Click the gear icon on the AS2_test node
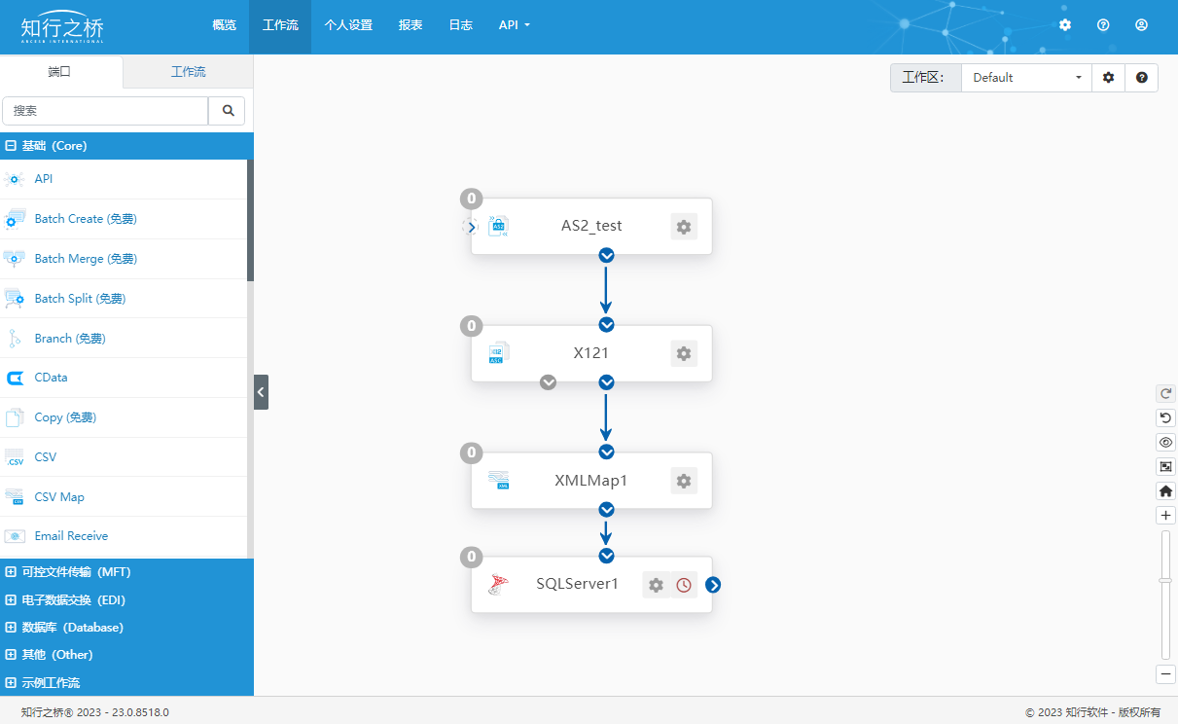pyautogui.click(x=684, y=227)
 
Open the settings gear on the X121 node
pyautogui.click(x=684, y=353)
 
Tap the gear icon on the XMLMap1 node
pyautogui.click(x=684, y=481)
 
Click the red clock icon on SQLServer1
pyautogui.click(x=684, y=585)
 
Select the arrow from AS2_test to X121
pyautogui.click(x=606, y=290)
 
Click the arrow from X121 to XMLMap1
pyautogui.click(x=606, y=417)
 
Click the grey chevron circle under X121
pyautogui.click(x=548, y=382)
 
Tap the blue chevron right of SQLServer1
pyautogui.click(x=713, y=585)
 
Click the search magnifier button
pyautogui.click(x=228, y=111)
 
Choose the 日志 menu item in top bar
pyautogui.click(x=461, y=24)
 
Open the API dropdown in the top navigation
pyautogui.click(x=514, y=24)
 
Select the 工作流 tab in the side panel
pyautogui.click(x=189, y=72)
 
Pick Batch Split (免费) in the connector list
pyautogui.click(x=80, y=299)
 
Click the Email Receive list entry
pyautogui.click(x=71, y=535)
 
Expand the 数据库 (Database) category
pyautogui.click(x=73, y=628)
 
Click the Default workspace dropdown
pyautogui.click(x=1026, y=78)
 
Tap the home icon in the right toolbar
pyautogui.click(x=1166, y=490)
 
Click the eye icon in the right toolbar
pyautogui.click(x=1166, y=443)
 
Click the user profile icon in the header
pyautogui.click(x=1141, y=24)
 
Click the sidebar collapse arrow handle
pyautogui.click(x=261, y=392)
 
